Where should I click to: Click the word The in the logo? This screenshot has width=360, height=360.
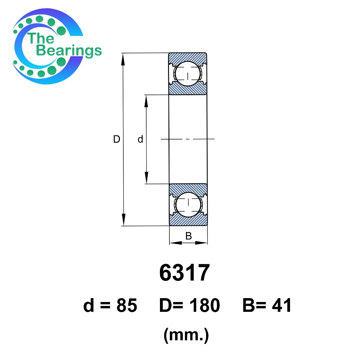(x=40, y=38)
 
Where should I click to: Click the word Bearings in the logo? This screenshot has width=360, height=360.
(x=69, y=51)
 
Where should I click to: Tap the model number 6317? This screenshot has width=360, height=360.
(x=185, y=273)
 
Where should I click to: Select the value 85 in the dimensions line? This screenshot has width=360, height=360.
(x=127, y=306)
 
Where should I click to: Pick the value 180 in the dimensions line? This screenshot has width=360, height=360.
(x=205, y=306)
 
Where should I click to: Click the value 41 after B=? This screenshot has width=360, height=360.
(x=282, y=306)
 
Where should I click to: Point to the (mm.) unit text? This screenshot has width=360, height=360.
(x=186, y=335)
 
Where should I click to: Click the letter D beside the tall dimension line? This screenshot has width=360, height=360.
(x=117, y=139)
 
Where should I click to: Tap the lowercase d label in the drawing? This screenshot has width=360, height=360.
(x=140, y=139)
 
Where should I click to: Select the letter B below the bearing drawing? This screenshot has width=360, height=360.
(x=188, y=236)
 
